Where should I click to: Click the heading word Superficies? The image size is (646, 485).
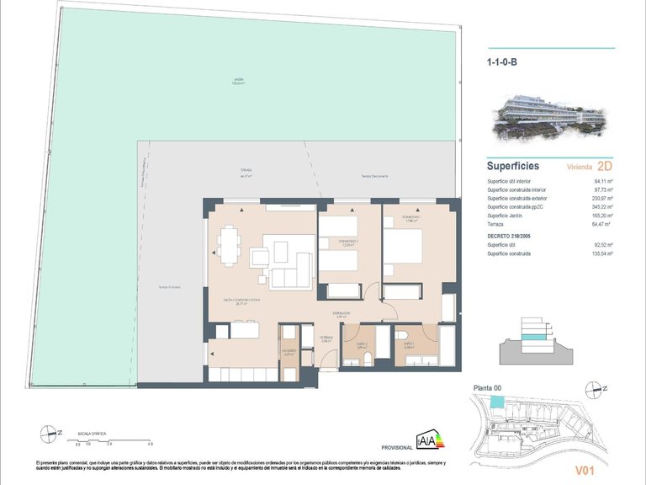point(513,166)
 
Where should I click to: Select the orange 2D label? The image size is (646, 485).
point(604,166)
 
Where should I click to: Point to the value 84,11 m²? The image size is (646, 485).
point(604,181)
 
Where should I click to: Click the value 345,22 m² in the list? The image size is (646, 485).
point(602,206)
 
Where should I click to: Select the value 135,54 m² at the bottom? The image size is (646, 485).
point(602,253)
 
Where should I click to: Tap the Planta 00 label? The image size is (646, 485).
point(489,387)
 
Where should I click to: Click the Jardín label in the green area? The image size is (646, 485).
point(238,82)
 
